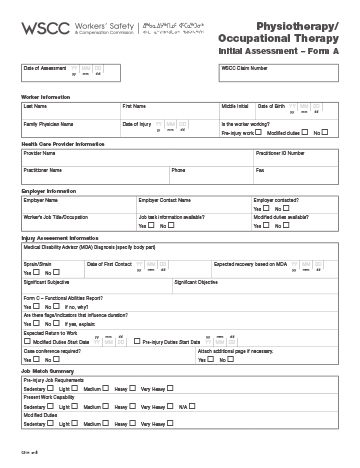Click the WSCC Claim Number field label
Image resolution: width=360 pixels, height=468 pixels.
(244, 68)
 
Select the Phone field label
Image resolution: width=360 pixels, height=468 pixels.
(178, 170)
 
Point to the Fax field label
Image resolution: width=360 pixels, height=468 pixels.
(260, 170)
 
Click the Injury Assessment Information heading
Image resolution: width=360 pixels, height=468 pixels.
(61, 238)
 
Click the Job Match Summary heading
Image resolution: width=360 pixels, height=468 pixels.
(47, 372)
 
